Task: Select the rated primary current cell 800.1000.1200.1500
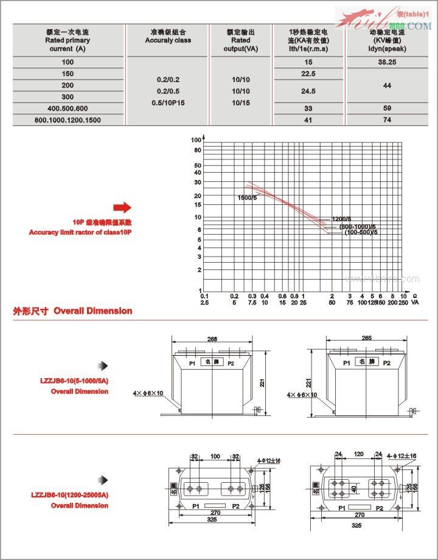click(x=68, y=120)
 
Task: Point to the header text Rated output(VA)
click(x=241, y=40)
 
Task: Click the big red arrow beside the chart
click(x=122, y=206)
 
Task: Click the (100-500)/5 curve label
click(x=361, y=232)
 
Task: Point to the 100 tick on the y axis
click(x=196, y=140)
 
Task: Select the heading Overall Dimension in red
click(x=92, y=311)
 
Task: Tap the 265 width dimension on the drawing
click(x=366, y=337)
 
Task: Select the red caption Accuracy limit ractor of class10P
click(x=80, y=232)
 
